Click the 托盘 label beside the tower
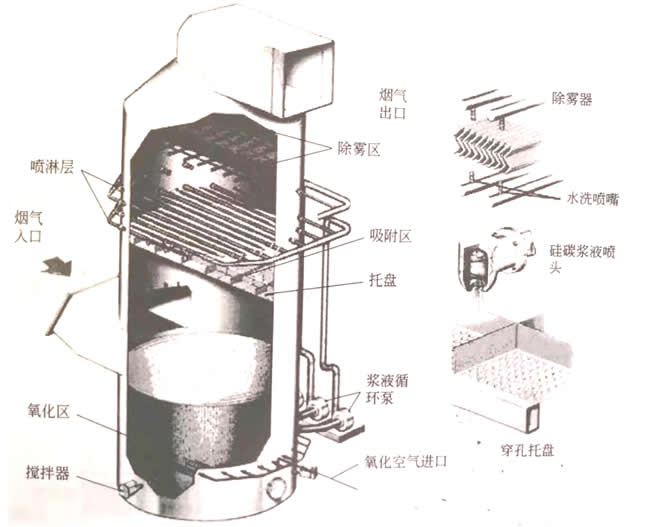[381, 283]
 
